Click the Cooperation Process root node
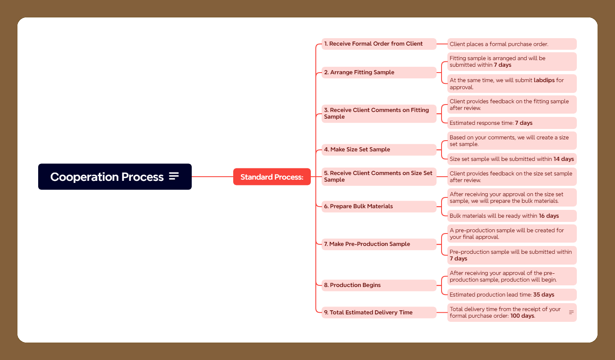coord(115,177)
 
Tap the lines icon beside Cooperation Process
coord(174,176)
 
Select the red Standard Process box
coord(272,177)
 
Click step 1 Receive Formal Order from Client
coord(379,44)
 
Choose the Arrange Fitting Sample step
coord(379,73)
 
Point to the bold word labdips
coord(544,80)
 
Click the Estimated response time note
coord(512,123)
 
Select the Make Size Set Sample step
coord(379,150)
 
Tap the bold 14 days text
coord(564,159)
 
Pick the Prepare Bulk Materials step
coord(379,207)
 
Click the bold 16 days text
coord(549,216)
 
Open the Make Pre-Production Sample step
coord(379,244)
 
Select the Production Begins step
coord(379,285)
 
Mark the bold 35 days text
coord(544,294)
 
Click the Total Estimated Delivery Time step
coord(379,313)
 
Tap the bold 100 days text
coord(522,316)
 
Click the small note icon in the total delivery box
coord(571,312)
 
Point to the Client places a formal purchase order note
coord(512,44)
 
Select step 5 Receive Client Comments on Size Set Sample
coord(379,176)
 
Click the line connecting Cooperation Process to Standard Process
coord(212,177)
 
